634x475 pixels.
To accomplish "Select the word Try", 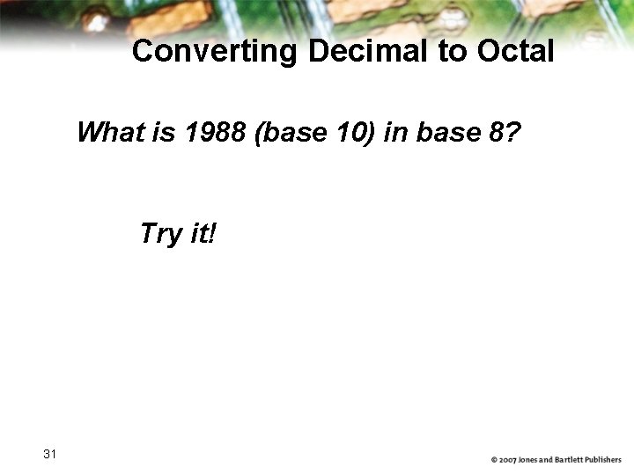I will [x=158, y=234].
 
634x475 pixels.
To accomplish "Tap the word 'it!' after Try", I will [x=203, y=234].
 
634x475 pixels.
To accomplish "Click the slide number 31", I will [x=49, y=454].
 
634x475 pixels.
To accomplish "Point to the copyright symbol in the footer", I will [x=495, y=460].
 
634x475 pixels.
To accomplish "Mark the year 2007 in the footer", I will [x=510, y=460].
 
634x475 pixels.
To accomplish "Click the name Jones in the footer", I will [x=533, y=460].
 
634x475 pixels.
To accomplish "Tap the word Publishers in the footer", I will [x=606, y=460].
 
